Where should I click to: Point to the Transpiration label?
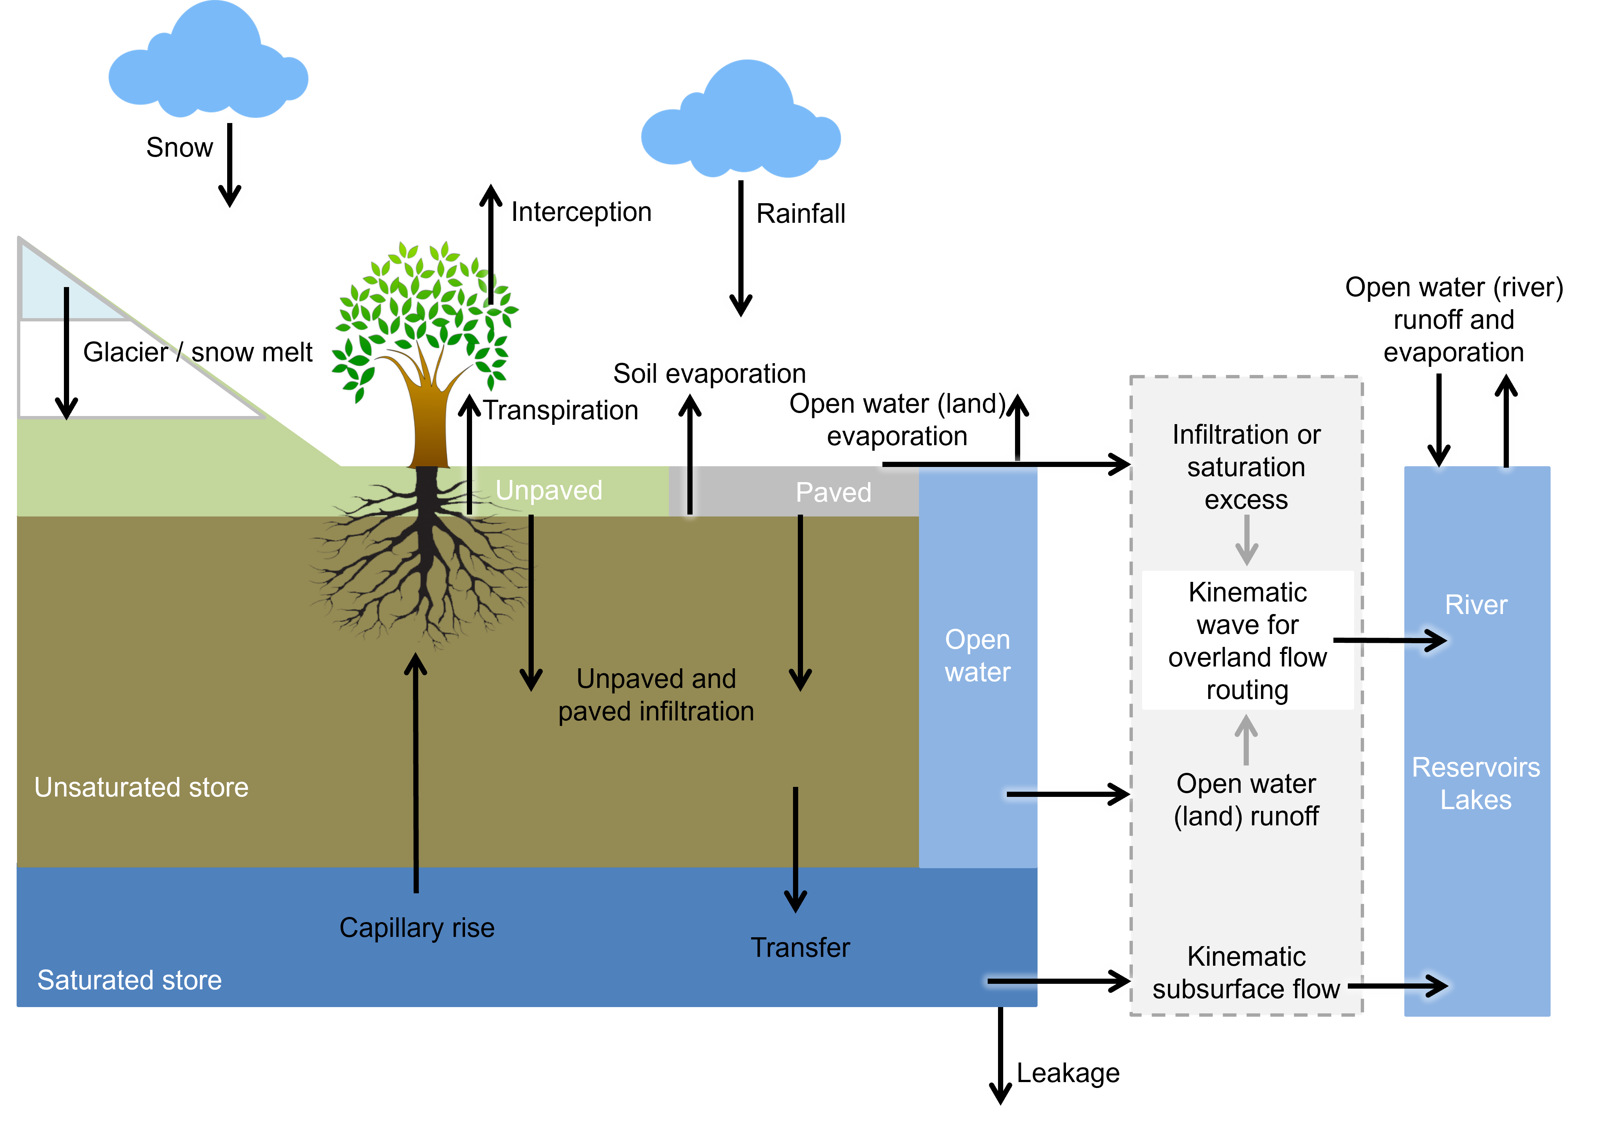point(562,410)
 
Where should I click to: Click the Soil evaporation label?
point(709,374)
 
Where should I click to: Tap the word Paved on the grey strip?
point(833,492)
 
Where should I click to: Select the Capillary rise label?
point(417,928)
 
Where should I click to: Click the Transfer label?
point(800,948)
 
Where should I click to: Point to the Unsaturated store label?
point(141,788)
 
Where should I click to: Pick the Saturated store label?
point(129,980)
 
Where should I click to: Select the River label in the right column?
point(1476,605)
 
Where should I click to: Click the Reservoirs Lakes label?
point(1476,784)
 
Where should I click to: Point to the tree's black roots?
point(420,560)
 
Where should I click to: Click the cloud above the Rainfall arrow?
point(741,126)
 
